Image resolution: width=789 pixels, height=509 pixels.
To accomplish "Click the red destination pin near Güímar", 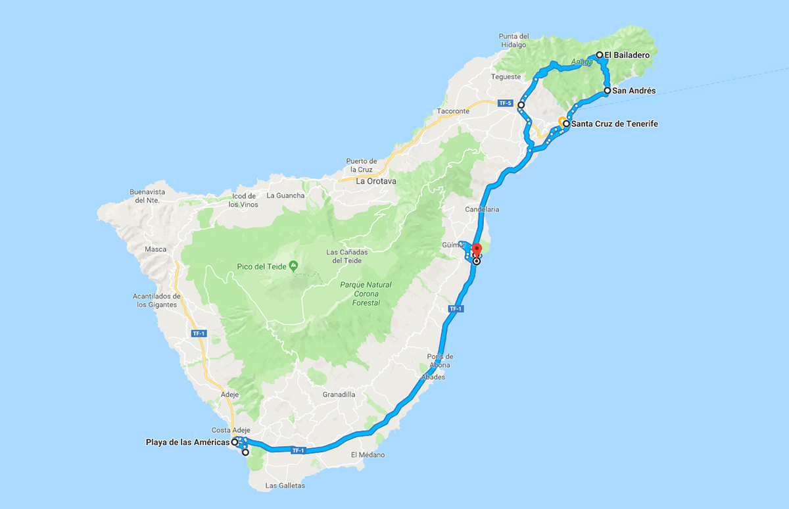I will click(x=477, y=250).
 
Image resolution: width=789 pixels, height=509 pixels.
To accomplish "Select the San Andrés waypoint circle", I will click(x=607, y=91).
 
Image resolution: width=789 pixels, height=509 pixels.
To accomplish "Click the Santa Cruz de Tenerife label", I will click(x=615, y=124).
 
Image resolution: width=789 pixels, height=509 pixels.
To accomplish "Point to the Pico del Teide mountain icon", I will click(x=293, y=265).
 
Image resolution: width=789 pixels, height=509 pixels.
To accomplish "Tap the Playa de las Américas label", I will click(x=187, y=442).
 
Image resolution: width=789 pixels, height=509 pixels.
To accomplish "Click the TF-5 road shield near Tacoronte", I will click(x=504, y=103).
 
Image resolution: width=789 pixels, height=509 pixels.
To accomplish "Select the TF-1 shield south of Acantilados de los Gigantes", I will click(x=199, y=333).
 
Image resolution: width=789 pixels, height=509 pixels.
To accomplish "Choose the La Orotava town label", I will click(x=373, y=181).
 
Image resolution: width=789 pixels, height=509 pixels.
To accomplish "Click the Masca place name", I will click(x=156, y=249).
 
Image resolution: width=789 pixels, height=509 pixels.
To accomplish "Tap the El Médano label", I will click(x=368, y=455).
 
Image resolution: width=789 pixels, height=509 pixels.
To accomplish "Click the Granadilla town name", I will click(x=339, y=395).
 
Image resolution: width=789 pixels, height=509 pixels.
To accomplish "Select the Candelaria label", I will click(x=483, y=209).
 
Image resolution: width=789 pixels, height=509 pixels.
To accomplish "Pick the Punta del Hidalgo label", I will click(x=514, y=40).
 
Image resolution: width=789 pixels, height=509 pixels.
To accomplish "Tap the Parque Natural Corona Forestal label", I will click(x=367, y=294).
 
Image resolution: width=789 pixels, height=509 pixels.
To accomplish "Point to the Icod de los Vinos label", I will click(x=243, y=200).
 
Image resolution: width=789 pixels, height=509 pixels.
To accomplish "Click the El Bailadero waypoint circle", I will click(x=600, y=55).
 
